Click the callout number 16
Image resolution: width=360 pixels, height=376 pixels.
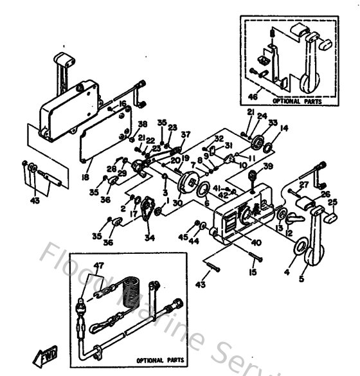(x=122, y=103)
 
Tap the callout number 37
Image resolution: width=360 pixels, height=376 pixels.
(x=186, y=134)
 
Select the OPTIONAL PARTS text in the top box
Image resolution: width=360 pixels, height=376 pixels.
(x=292, y=101)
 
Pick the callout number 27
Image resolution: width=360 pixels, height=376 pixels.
(x=304, y=185)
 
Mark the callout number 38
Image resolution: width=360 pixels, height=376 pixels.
(x=142, y=124)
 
